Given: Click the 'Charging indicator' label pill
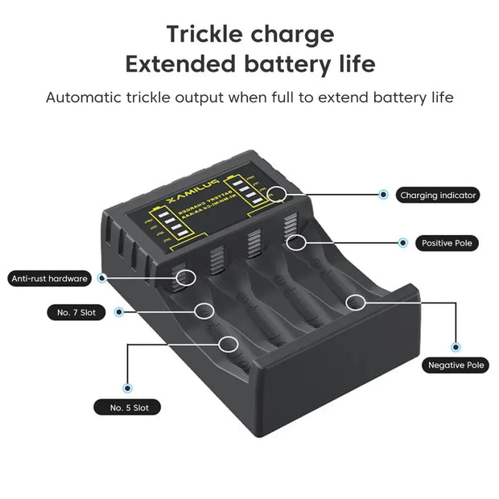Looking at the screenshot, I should point(439,195).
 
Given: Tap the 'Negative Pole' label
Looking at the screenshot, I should point(456,365).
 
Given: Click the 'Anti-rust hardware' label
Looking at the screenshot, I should point(49,278).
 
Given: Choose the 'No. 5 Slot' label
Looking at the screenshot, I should point(129,407).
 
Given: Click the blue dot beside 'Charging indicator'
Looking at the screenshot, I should point(383,194).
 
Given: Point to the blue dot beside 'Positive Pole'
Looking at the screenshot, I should point(402,241).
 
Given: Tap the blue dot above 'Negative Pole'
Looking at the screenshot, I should point(456,346).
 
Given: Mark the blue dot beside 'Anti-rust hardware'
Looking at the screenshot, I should point(102,278).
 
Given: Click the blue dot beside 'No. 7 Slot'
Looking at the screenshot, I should point(119,311).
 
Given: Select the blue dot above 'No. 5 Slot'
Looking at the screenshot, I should point(127,388).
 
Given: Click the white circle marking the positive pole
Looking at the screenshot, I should point(296,241).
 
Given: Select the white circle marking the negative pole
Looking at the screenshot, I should point(355,302).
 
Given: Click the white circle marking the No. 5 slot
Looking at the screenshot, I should point(228,344).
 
